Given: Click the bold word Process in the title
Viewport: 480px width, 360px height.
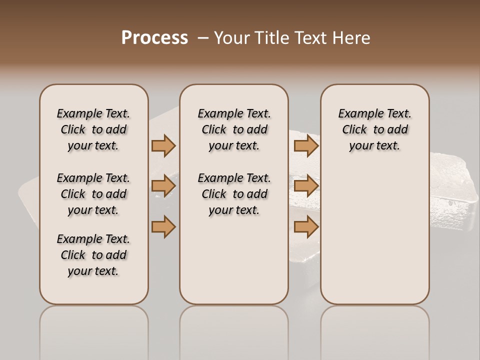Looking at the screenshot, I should [x=154, y=38].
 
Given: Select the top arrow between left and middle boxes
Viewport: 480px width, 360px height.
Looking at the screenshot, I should [x=163, y=145].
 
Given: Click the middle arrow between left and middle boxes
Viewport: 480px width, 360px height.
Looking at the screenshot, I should [x=163, y=186].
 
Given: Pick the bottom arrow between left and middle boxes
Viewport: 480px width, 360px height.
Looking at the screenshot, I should [x=163, y=226].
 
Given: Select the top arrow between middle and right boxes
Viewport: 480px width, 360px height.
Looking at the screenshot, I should [x=306, y=145].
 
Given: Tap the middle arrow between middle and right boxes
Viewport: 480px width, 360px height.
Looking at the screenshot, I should [x=306, y=186].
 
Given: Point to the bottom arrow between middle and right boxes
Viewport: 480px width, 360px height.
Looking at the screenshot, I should [x=306, y=226].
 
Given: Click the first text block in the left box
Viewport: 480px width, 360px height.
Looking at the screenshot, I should [x=93, y=129].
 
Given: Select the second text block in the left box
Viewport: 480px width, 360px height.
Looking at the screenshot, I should [x=93, y=194].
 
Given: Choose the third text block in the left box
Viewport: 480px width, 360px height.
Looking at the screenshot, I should [x=93, y=255].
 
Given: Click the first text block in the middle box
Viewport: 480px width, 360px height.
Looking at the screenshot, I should [x=234, y=129].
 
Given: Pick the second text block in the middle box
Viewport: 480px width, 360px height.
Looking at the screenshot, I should [x=234, y=194].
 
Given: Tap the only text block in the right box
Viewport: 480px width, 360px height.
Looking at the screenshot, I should [x=374, y=129].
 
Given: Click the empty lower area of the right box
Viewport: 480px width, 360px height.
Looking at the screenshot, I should [x=374, y=240].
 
